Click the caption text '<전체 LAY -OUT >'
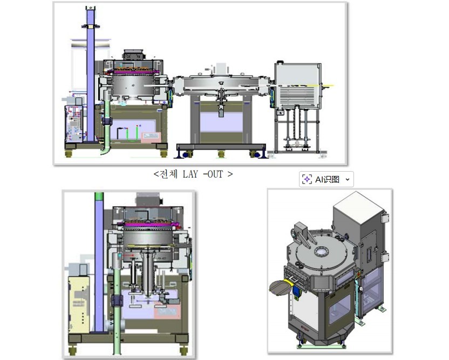(193, 174)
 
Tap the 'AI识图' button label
(327, 180)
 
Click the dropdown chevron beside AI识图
(348, 180)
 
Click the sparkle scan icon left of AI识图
(307, 180)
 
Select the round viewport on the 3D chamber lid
(321, 252)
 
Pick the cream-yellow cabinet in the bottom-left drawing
(79, 304)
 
